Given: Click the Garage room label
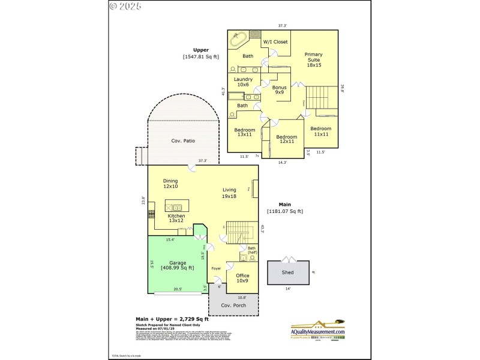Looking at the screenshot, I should click(177, 265).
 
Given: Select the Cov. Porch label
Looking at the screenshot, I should click(233, 305).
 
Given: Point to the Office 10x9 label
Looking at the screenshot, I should click(242, 278).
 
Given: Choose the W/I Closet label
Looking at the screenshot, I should click(276, 42).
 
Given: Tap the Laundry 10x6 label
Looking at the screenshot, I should click(243, 82).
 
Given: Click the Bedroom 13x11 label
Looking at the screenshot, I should click(244, 133).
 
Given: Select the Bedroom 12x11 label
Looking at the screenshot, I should click(286, 139).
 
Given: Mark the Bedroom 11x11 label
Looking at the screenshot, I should click(320, 131).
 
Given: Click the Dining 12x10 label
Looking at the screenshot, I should click(170, 183).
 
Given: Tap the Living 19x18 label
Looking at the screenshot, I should click(229, 193).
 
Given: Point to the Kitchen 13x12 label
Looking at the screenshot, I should click(176, 218).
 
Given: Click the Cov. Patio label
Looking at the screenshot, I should click(183, 141).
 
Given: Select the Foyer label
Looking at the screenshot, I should click(216, 268).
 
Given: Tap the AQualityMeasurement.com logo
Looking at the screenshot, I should click(317, 328).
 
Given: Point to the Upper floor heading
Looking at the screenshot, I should click(200, 50).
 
